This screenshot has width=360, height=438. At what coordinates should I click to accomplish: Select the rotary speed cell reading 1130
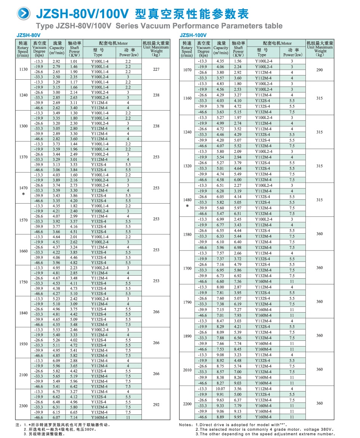tap(23, 69)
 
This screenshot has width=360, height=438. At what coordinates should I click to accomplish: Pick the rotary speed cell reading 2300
tap(23, 406)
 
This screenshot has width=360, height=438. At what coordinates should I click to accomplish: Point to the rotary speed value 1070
tap(187, 70)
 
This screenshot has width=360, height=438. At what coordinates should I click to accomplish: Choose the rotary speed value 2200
tap(187, 403)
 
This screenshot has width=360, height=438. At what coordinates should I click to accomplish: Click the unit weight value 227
tap(156, 69)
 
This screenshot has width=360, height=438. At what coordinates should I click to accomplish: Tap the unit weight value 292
tap(156, 405)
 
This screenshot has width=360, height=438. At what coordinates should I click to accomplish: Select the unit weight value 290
tap(320, 70)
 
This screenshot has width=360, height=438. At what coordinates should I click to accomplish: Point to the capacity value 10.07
tap(220, 389)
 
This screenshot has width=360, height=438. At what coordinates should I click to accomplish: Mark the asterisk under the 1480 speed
tap(187, 206)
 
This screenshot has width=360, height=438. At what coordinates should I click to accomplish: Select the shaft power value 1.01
tap(74, 61)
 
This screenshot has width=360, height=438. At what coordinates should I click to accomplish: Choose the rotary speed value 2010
tap(187, 369)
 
